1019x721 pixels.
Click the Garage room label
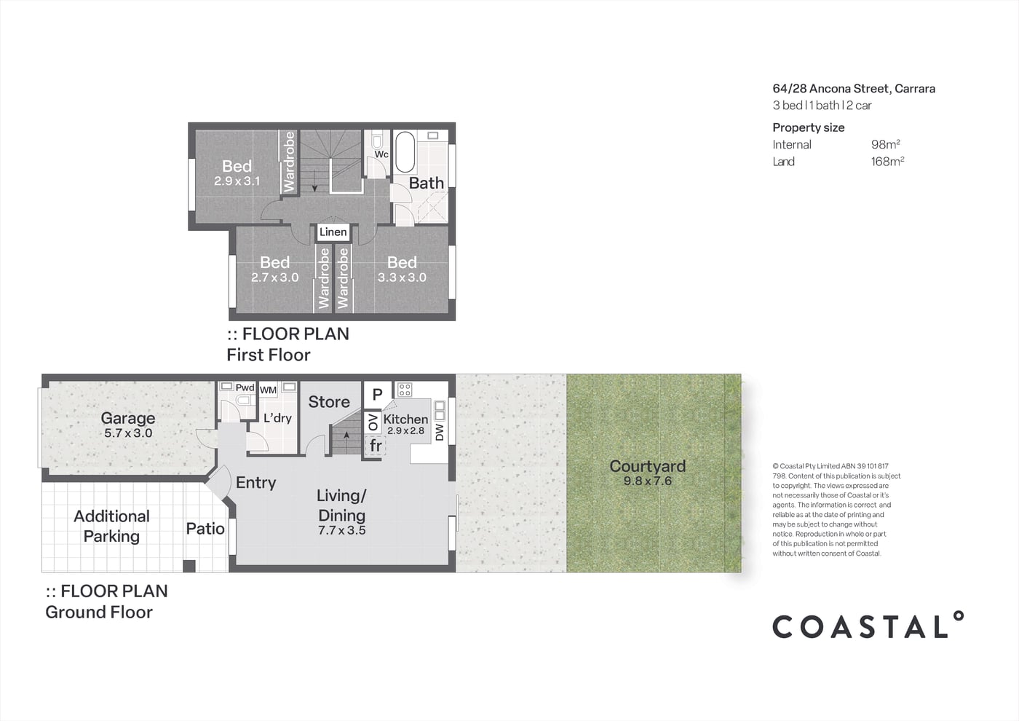click(128, 418)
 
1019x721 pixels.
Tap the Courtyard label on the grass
click(647, 465)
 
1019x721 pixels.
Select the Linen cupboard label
click(333, 232)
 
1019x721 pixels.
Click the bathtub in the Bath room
click(405, 152)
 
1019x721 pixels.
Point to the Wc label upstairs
click(381, 154)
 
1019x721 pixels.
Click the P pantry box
click(377, 394)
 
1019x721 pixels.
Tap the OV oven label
click(373, 422)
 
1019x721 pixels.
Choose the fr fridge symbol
click(376, 445)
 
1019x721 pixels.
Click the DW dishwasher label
click(440, 433)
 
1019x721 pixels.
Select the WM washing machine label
click(268, 390)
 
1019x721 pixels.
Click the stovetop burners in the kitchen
click(405, 390)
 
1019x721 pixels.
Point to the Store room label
click(329, 401)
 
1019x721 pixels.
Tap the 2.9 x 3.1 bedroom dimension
click(237, 181)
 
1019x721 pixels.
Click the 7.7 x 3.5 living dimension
click(341, 530)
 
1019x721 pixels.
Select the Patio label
click(205, 529)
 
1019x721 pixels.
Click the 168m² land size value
click(887, 161)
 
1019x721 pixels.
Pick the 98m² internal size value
click(886, 144)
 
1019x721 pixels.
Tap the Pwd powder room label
click(245, 387)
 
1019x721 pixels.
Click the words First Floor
click(269, 355)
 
